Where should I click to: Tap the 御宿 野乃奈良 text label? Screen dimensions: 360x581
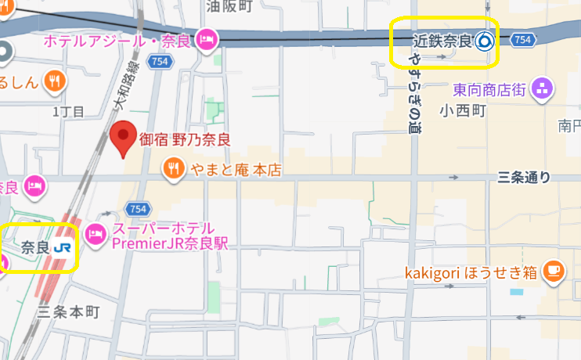[x=185, y=140]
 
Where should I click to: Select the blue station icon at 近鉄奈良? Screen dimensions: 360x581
[x=485, y=41]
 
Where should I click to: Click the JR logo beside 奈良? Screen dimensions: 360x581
[x=65, y=248]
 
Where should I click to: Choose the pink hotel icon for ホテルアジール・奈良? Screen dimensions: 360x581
[x=207, y=38]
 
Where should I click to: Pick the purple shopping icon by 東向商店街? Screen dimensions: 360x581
[x=541, y=89]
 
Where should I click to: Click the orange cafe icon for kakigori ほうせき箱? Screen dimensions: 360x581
[x=553, y=272]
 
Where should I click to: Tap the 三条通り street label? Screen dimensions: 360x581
[x=524, y=178]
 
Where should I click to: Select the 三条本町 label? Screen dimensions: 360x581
[x=69, y=311]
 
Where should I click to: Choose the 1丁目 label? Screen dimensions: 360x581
[x=68, y=112]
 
